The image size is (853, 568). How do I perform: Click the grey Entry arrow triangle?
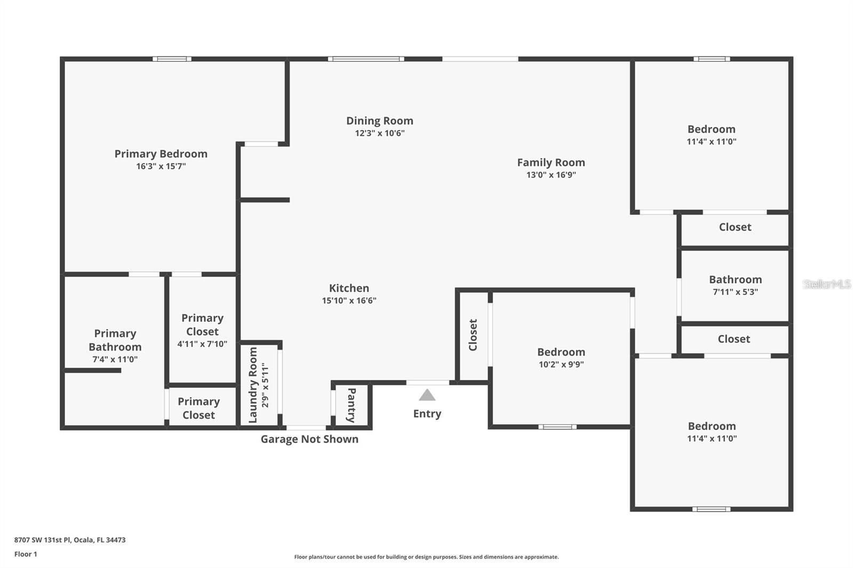pos(427,395)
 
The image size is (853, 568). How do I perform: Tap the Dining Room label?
pos(380,121)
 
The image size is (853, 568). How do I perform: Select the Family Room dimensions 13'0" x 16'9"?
pos(551,175)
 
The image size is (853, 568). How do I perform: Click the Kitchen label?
pos(349,288)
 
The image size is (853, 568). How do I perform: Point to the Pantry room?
pos(351,405)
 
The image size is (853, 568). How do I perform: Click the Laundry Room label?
pos(253,385)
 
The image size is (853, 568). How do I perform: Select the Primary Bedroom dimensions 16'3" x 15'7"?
pos(160,166)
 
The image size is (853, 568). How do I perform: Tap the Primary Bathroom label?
pos(115,340)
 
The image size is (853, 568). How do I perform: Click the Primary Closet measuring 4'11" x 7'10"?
pos(202,330)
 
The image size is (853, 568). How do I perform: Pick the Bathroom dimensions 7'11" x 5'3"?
pos(735,292)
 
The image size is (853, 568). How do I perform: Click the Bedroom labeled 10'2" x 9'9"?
pos(561,358)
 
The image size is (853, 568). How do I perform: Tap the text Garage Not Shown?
pos(309,439)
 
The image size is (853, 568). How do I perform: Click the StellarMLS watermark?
pos(826,284)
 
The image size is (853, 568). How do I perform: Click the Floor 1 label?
pos(26,554)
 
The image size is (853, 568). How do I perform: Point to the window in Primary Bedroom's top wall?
pos(172,59)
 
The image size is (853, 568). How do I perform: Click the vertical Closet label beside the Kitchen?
pos(473,335)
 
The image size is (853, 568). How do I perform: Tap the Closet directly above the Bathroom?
pos(735,227)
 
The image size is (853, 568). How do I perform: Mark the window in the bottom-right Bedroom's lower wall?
pos(711,509)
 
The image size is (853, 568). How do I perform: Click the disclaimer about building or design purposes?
pos(426,557)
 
